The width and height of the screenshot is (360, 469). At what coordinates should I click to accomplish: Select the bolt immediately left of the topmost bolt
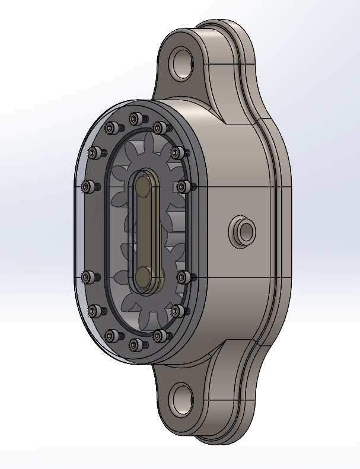111,128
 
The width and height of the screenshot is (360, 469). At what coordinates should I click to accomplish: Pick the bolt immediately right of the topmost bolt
159,127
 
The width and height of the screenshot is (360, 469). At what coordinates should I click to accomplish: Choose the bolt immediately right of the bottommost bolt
159,336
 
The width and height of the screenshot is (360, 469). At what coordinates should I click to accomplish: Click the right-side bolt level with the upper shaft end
184,186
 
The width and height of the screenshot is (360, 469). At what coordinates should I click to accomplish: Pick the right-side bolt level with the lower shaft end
184,276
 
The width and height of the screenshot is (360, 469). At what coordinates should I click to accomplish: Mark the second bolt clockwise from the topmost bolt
177,153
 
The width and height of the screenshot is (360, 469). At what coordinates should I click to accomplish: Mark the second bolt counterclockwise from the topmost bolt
93,153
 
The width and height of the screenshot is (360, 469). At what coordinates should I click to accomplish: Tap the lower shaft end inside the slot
144,276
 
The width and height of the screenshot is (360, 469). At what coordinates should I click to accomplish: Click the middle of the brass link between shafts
144,231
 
